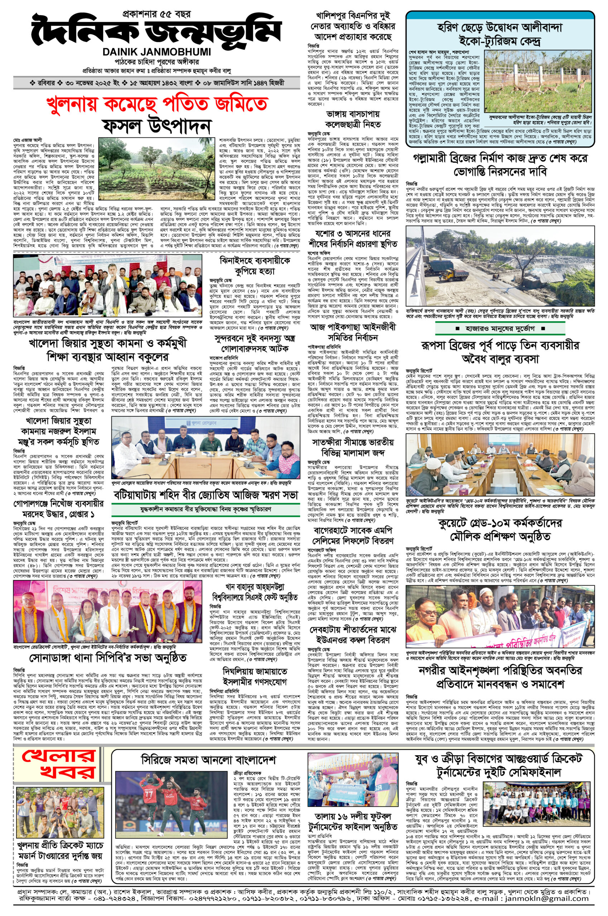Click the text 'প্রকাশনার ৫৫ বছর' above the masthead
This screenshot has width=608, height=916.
(156, 15)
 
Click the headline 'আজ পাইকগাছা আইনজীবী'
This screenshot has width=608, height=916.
(353, 327)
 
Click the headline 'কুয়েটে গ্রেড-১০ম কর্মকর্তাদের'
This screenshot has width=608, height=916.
(500, 523)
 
